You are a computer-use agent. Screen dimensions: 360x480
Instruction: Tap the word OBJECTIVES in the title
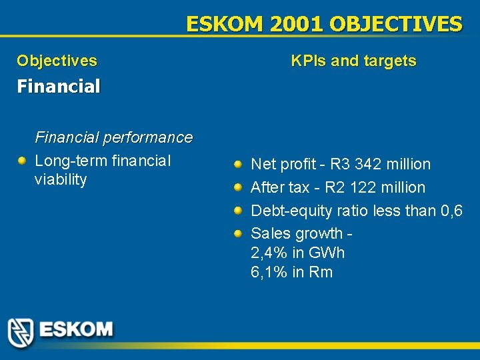[x=395, y=25]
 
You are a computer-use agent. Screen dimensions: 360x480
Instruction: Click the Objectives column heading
[x=57, y=61]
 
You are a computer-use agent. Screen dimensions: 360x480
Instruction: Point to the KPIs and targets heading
[x=353, y=61]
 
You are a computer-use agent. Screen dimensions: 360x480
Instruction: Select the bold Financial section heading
[x=59, y=87]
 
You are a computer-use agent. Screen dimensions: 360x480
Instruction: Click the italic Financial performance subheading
[x=113, y=138]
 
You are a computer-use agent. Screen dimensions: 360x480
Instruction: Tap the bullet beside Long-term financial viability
[x=22, y=161]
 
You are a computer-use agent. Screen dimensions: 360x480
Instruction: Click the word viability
[x=61, y=180]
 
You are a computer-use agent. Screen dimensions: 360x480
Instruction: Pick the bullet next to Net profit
[x=238, y=163]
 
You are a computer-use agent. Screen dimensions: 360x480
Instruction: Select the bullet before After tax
[x=238, y=187]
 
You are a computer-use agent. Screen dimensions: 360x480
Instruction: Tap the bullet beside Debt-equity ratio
[x=238, y=211]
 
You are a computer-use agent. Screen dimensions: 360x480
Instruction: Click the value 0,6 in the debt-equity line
[x=452, y=211]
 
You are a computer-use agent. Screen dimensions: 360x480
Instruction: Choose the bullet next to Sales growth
[x=238, y=234]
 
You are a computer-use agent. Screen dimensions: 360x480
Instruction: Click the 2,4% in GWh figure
[x=297, y=253]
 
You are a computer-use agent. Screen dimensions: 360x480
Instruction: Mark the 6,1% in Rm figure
[x=291, y=273]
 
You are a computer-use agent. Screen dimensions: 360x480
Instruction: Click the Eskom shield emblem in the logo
[x=21, y=331]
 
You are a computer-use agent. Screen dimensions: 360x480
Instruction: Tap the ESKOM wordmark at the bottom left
[x=76, y=329]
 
